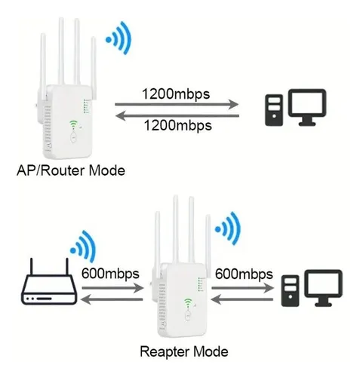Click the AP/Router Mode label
(71, 170)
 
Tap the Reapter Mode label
(184, 351)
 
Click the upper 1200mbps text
(176, 94)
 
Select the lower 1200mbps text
(178, 125)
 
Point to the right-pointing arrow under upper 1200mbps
(177, 104)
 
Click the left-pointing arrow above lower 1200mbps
(177, 116)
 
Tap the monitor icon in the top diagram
(307, 107)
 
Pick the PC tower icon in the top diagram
(274, 110)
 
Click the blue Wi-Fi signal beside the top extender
(118, 38)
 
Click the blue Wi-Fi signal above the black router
(83, 247)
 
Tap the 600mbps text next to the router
(110, 274)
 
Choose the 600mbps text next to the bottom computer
(244, 274)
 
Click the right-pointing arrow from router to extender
(112, 288)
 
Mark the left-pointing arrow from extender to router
(112, 299)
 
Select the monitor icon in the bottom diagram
(323, 288)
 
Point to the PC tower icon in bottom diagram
(291, 291)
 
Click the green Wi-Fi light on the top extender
(73, 124)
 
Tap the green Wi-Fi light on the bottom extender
(187, 302)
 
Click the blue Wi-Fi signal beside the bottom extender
(228, 228)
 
